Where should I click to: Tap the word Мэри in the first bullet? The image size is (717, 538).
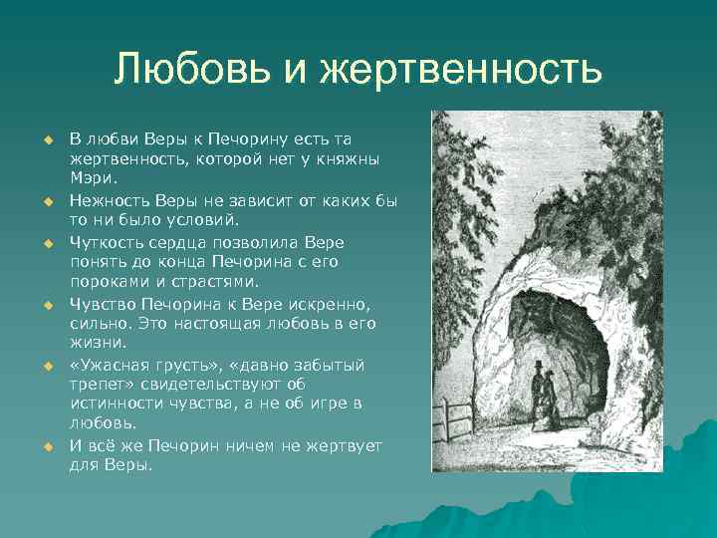94,177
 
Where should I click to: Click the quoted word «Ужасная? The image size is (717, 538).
110,365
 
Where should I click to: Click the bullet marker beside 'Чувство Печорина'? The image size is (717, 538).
46,304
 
